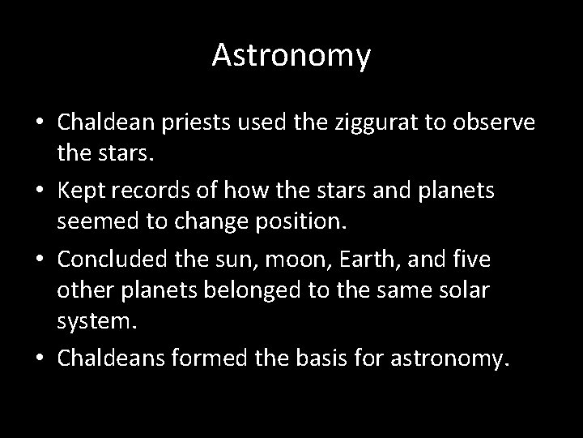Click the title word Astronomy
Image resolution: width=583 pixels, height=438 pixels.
[291, 56]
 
